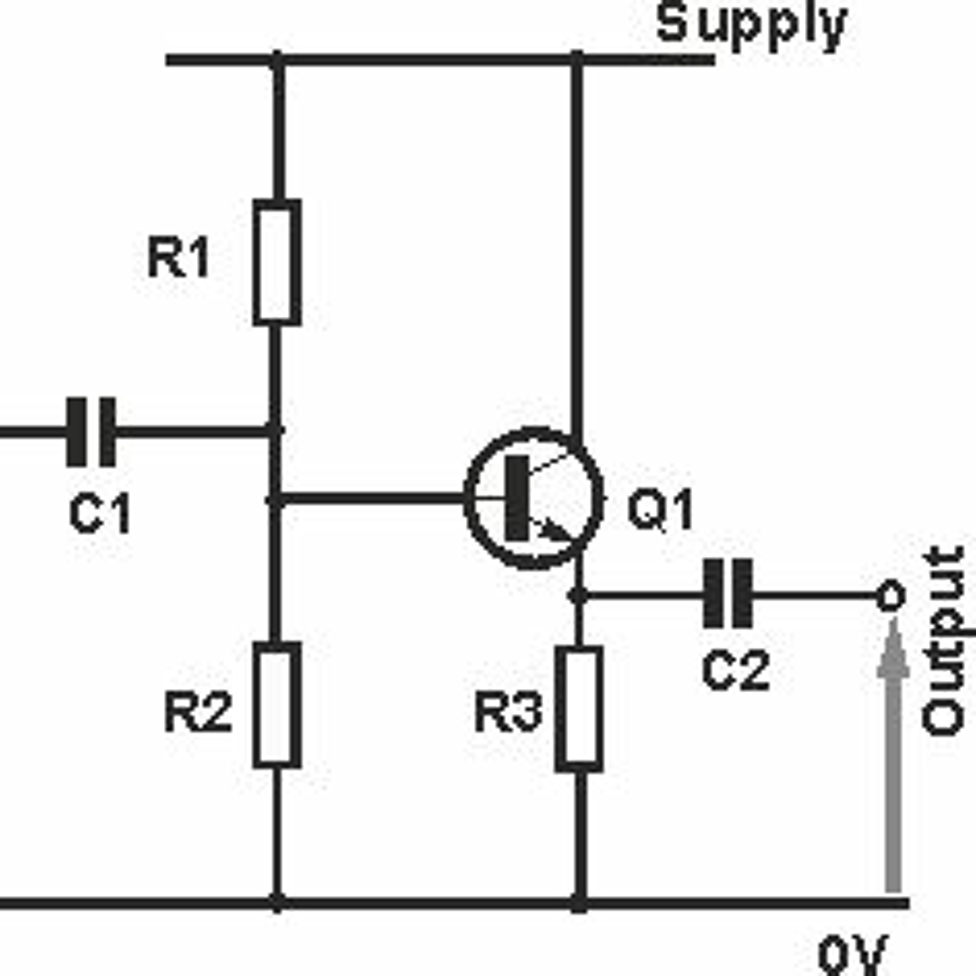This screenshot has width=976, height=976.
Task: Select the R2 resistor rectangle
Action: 277,704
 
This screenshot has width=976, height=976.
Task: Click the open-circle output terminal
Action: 890,596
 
